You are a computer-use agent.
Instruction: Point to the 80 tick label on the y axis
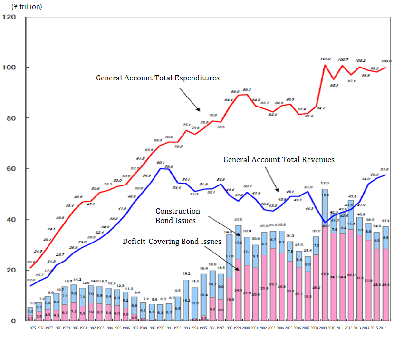click(x=11, y=118)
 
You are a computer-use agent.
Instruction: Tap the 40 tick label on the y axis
click(x=11, y=219)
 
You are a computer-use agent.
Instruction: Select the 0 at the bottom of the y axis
click(x=14, y=321)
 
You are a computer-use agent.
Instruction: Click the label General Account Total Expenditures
click(x=157, y=78)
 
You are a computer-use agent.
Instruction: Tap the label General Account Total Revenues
click(x=279, y=160)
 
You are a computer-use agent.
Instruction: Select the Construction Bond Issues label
click(x=178, y=216)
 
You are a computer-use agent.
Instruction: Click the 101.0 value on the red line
click(x=325, y=60)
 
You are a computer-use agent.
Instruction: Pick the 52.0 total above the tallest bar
click(x=325, y=183)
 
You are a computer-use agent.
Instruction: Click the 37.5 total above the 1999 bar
click(x=239, y=220)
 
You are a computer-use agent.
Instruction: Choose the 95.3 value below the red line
click(x=334, y=85)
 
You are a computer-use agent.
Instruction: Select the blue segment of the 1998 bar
click(x=230, y=257)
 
